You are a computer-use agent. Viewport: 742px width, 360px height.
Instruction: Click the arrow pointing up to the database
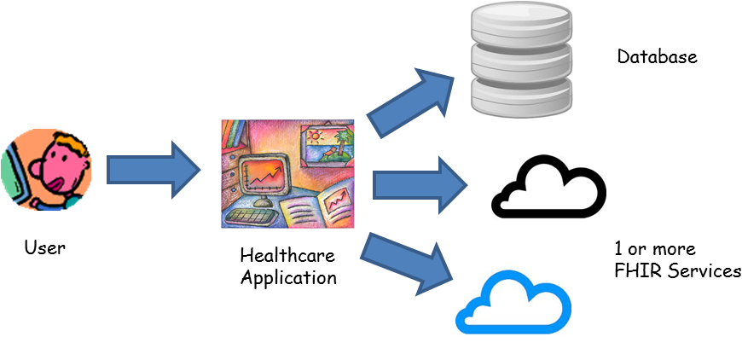412,101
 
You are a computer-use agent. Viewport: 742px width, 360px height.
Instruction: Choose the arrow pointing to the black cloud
420,184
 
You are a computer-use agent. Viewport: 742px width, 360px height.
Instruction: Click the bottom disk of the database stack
521,96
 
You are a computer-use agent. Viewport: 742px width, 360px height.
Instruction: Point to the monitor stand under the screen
265,202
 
